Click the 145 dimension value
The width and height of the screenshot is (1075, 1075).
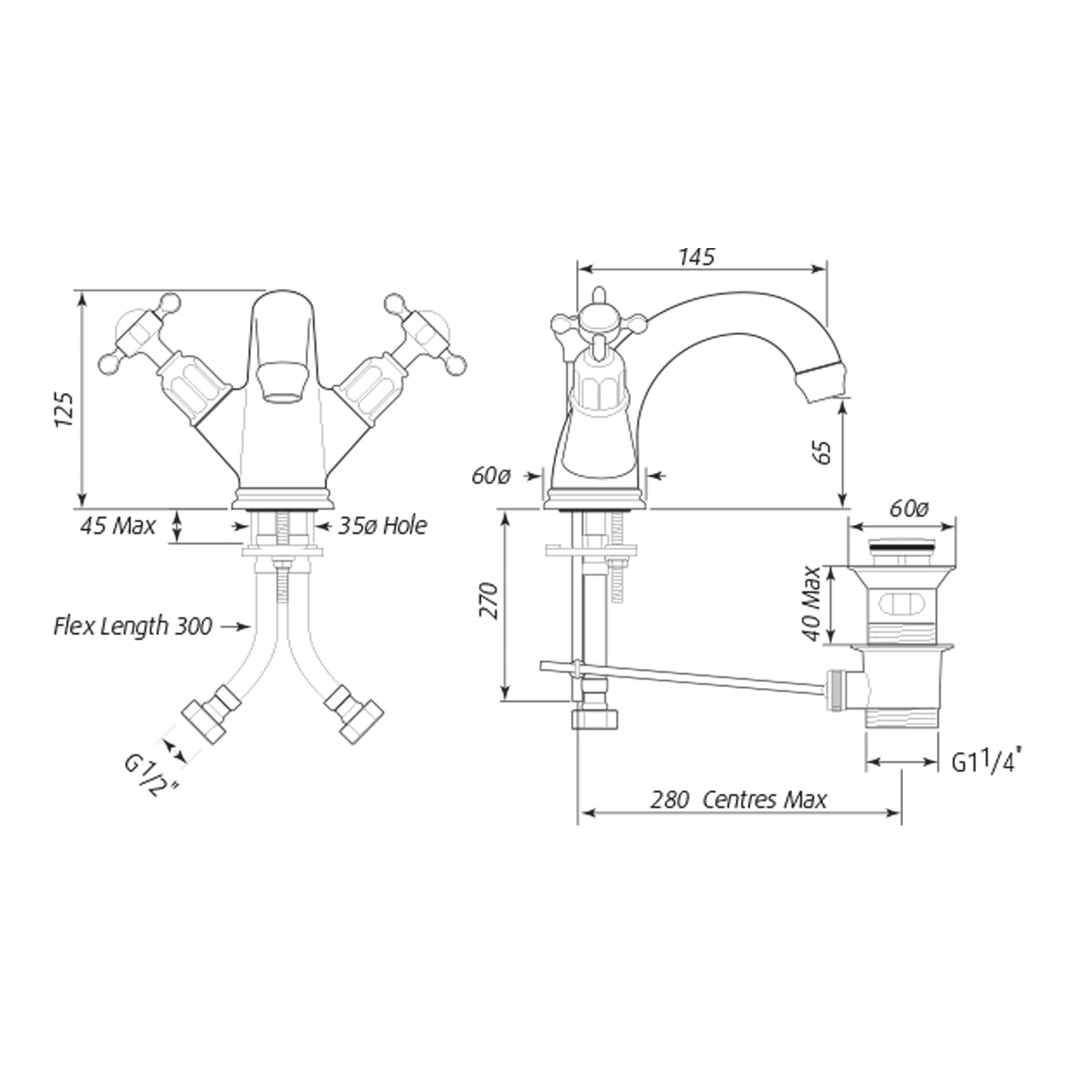click(696, 257)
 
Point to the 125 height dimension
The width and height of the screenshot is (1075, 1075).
click(64, 410)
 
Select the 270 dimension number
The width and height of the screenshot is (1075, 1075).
click(488, 600)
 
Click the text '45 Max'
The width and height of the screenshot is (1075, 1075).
click(117, 526)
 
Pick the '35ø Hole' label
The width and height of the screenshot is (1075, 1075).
click(383, 526)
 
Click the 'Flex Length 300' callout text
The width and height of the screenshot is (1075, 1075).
click(133, 626)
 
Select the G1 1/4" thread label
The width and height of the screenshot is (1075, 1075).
click(986, 761)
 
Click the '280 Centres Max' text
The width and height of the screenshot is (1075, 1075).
click(738, 800)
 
